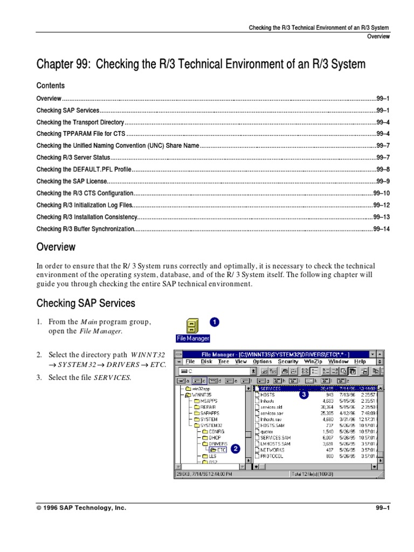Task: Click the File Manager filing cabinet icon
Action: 192,326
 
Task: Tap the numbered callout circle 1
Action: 214,322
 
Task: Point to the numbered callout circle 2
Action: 234,448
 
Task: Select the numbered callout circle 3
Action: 304,395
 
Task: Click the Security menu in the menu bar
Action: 288,362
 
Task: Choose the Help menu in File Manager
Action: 360,362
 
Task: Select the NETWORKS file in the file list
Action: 272,449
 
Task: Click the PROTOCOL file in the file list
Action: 272,456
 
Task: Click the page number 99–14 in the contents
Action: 381,229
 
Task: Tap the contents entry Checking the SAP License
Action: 72,182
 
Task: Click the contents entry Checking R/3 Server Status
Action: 73,158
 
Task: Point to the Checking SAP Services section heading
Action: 86,303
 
